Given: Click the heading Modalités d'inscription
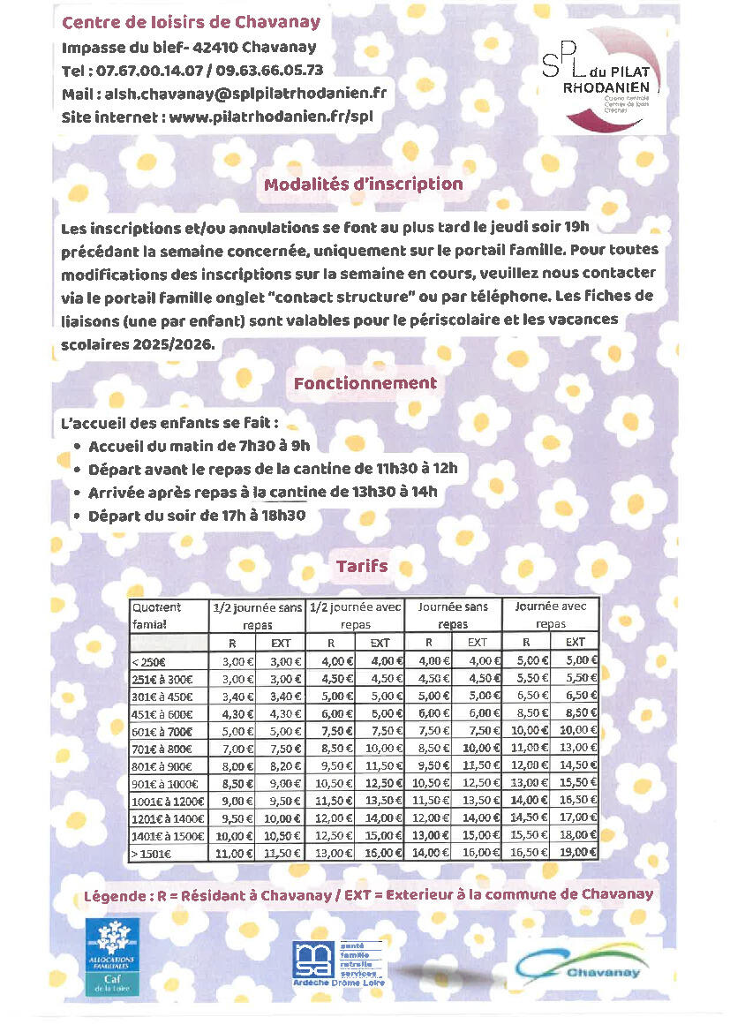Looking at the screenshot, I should tap(363, 185).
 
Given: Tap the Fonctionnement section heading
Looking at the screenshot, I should tap(365, 383).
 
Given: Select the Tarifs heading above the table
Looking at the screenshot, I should tap(361, 566).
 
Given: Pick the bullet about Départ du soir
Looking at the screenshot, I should tap(196, 515).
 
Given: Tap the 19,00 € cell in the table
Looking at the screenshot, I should tap(576, 853).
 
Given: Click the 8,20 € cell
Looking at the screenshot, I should tap(281, 765).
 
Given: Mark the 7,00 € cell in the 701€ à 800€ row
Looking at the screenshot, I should tap(232, 748).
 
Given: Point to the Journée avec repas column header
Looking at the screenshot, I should tap(550, 615).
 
